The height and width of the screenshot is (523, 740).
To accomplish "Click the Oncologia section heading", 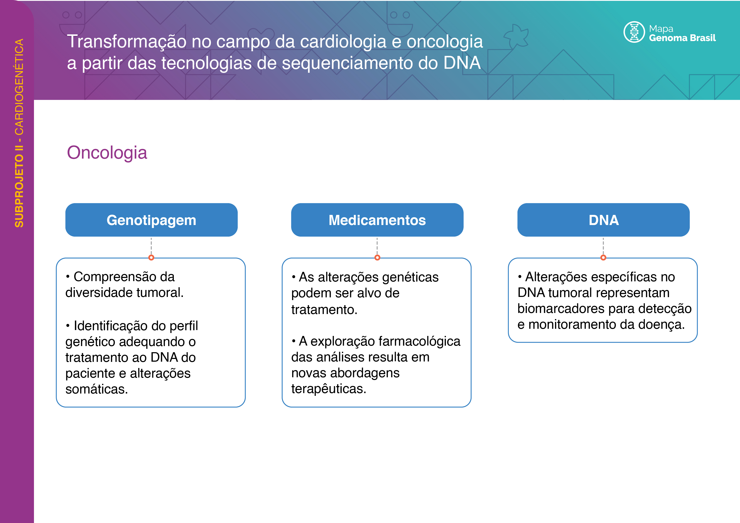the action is (x=107, y=153).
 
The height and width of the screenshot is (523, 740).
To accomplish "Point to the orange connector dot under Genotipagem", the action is (x=151, y=257).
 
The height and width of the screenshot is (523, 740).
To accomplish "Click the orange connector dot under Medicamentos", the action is (x=377, y=257).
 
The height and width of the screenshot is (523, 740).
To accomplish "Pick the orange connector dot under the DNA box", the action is (x=603, y=257).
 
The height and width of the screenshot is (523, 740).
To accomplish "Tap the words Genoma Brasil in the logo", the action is (x=682, y=38).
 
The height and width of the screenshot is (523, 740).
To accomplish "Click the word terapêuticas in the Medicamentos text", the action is (x=329, y=389).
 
